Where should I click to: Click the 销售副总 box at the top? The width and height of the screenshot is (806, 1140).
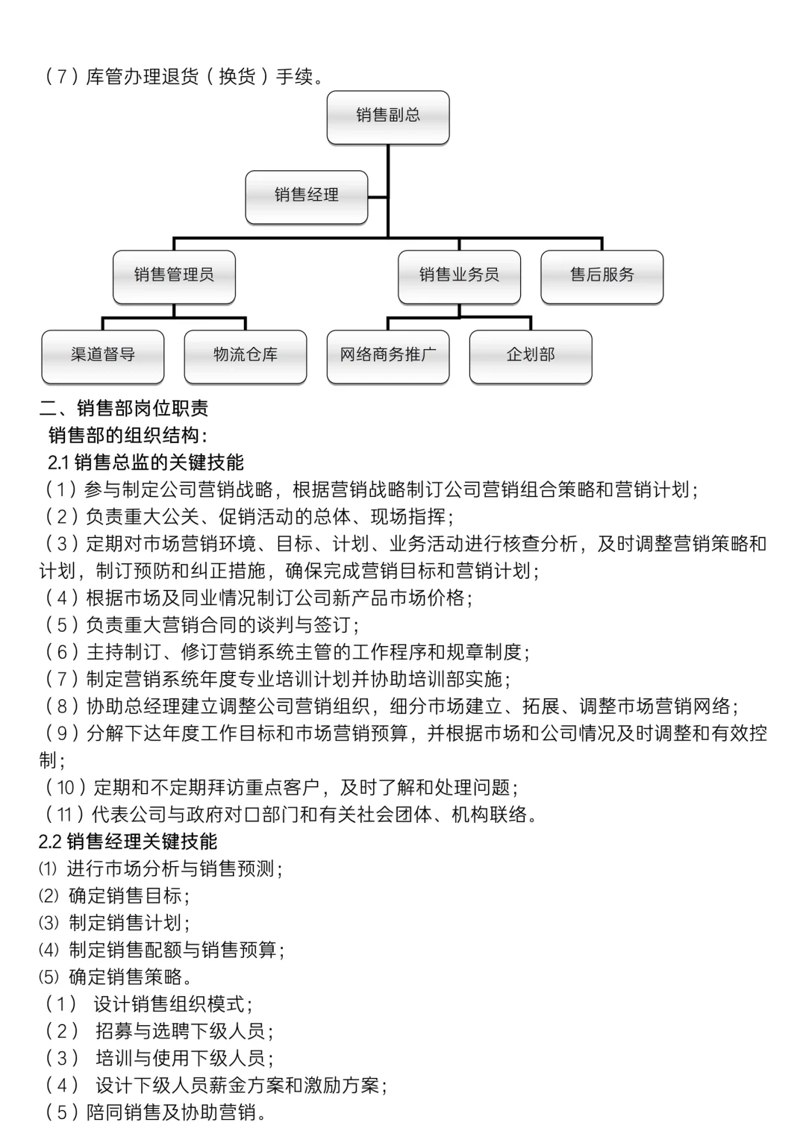388,116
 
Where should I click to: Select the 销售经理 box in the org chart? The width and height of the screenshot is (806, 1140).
306,196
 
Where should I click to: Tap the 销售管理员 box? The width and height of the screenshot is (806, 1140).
174,276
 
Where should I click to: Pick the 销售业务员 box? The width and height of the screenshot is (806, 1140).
459,276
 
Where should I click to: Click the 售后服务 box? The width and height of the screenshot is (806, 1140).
602,276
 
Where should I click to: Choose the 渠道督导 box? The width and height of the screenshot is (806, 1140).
103,356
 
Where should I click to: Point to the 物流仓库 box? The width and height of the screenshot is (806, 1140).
246,356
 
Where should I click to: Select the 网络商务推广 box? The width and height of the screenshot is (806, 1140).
388,356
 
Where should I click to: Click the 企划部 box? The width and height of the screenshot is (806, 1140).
531,356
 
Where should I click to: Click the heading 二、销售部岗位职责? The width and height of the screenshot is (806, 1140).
124,409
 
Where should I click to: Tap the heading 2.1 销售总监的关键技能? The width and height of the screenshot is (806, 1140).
146,463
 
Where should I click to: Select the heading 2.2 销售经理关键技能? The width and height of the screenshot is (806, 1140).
128,842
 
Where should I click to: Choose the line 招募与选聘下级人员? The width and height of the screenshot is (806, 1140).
160,1032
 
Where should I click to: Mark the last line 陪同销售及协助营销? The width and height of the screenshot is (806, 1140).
157,1113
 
